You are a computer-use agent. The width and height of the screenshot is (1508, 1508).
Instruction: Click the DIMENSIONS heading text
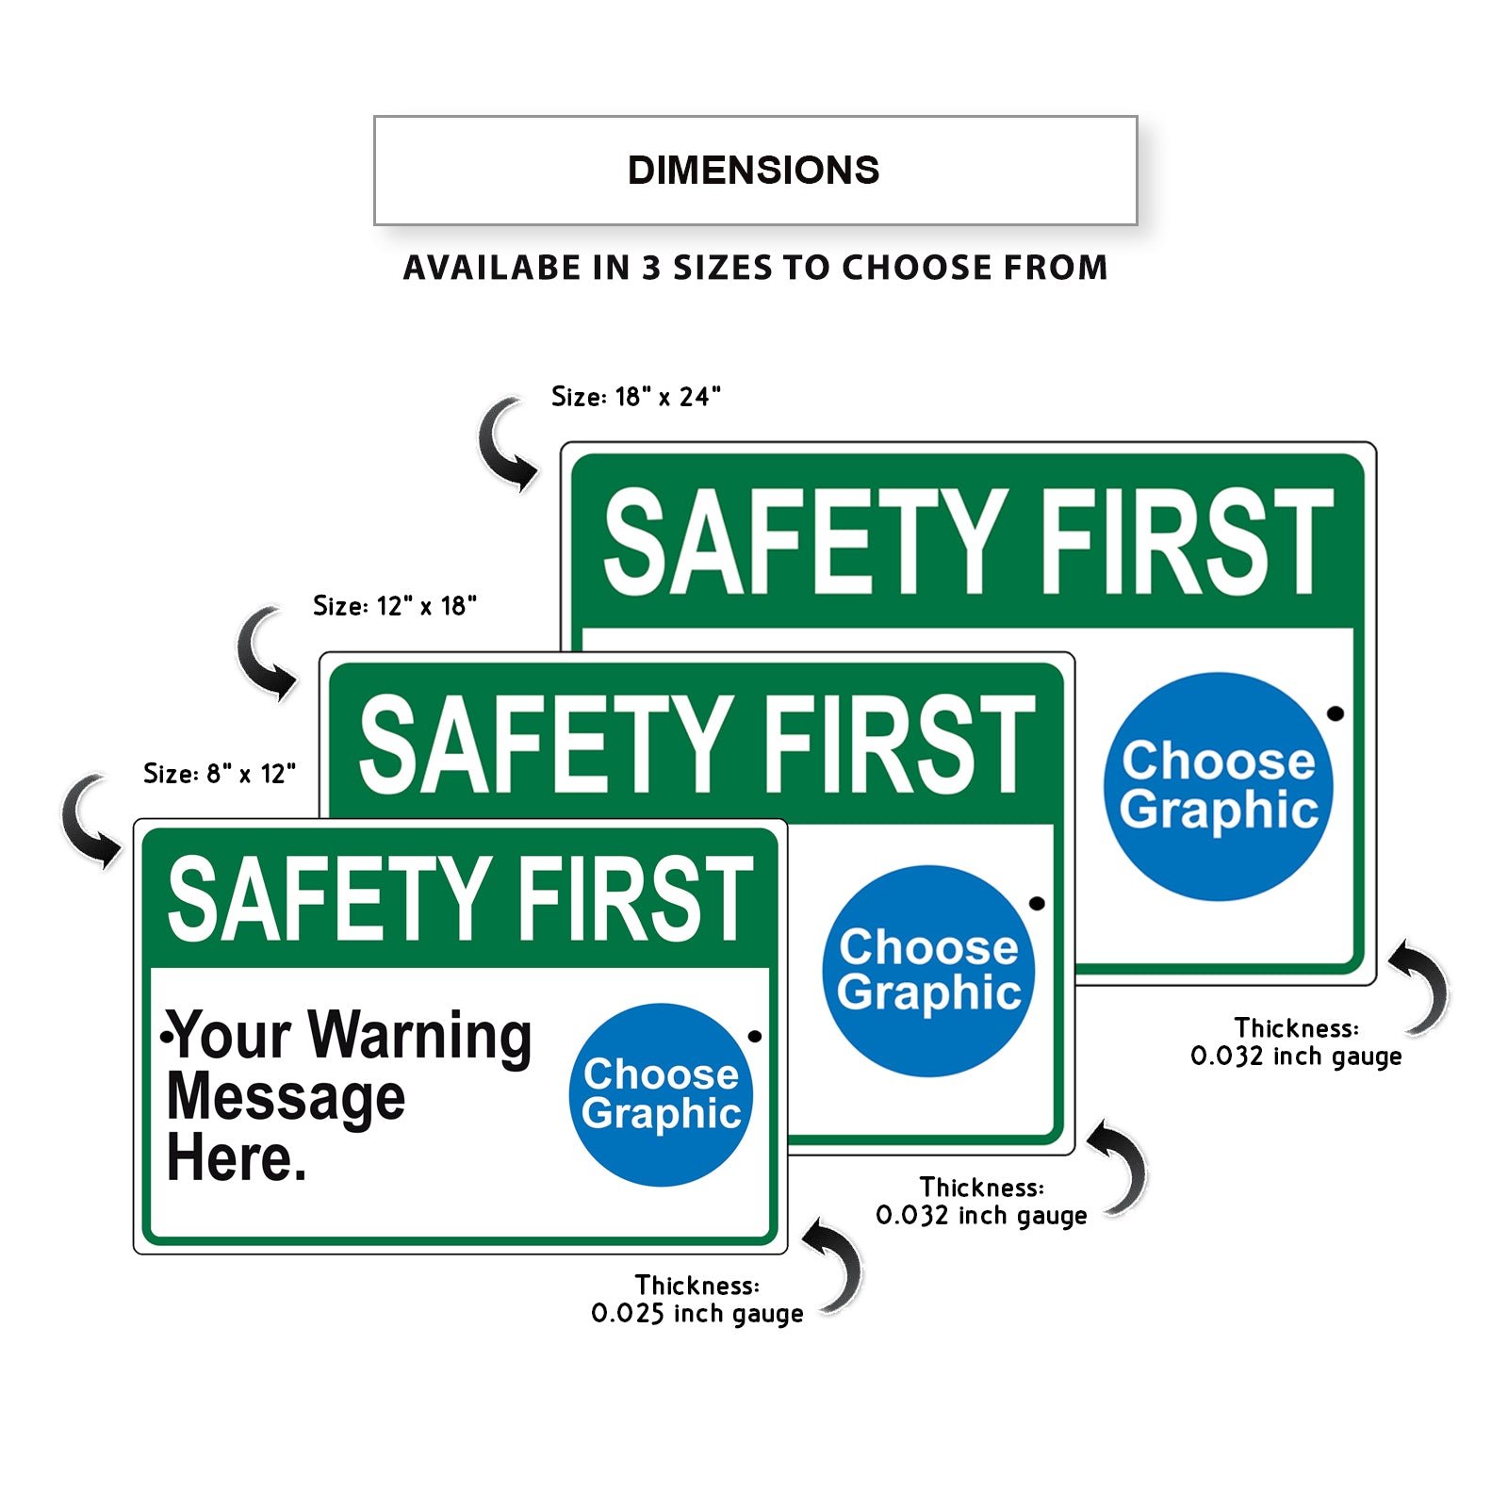(754, 171)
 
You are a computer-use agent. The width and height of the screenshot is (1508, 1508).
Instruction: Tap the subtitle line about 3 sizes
(755, 268)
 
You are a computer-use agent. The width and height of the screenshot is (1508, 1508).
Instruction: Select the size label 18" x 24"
(636, 397)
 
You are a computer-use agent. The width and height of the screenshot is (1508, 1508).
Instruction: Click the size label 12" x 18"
(395, 606)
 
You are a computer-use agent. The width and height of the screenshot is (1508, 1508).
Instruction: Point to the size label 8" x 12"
(220, 774)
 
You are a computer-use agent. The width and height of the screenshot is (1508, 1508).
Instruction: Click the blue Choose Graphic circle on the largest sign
(1219, 786)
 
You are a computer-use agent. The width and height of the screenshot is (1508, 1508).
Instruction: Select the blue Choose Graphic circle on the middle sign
(928, 971)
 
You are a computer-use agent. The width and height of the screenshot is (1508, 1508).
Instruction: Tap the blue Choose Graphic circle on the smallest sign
(661, 1094)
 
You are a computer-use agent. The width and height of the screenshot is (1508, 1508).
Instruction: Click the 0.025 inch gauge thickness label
(697, 1300)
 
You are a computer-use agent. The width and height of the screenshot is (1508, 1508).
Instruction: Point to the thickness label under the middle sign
(981, 1202)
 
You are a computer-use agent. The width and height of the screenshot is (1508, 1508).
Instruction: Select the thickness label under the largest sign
(1296, 1042)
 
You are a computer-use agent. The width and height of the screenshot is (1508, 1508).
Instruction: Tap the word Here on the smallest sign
(236, 1158)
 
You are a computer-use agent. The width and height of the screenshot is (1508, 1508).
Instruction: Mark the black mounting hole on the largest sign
(1336, 713)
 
